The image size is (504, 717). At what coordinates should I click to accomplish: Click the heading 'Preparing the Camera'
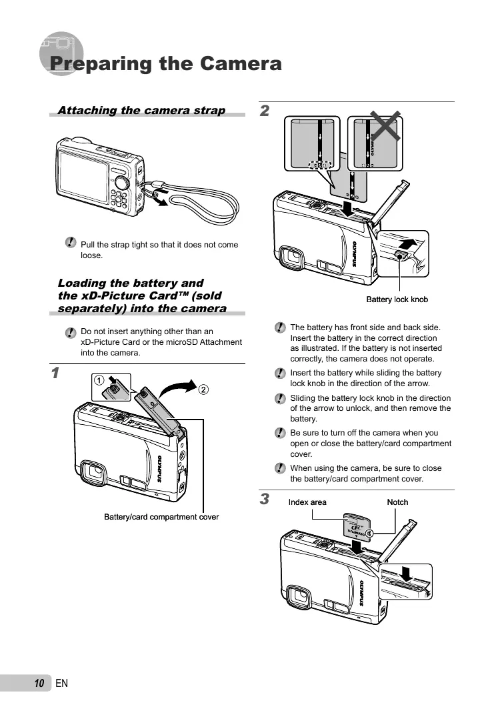165,64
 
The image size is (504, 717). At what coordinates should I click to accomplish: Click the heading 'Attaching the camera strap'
141,110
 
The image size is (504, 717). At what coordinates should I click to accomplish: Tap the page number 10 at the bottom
39,683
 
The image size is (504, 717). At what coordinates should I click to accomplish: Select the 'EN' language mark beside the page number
62,683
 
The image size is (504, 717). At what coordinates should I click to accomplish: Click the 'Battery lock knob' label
397,299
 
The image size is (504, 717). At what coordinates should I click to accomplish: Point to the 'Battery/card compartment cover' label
161,517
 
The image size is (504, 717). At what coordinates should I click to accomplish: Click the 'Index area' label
307,502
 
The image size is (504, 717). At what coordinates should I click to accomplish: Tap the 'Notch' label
397,502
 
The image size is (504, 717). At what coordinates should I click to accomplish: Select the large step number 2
265,111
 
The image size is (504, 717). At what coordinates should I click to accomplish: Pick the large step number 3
265,499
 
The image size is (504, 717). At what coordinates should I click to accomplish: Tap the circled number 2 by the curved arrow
203,388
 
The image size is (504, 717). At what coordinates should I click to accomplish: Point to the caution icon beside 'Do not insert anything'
71,332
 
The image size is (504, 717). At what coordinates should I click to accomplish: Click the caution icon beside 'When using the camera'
281,469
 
